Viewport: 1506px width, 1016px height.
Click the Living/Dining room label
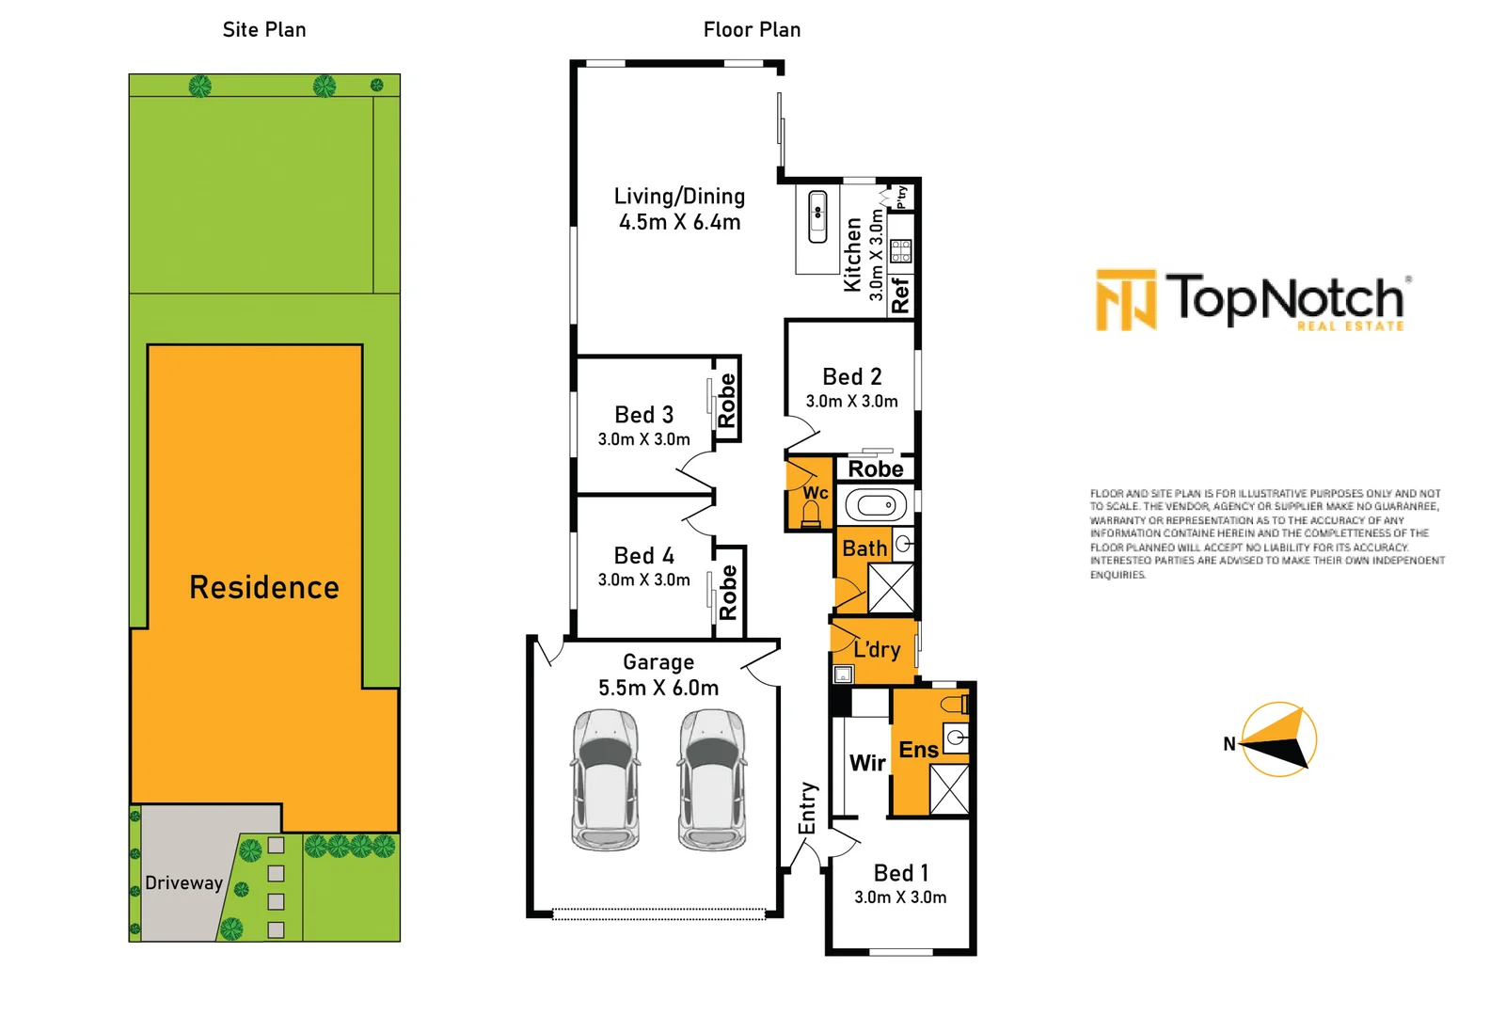click(680, 197)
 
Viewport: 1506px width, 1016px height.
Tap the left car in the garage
click(605, 780)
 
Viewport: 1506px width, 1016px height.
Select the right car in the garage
click(712, 780)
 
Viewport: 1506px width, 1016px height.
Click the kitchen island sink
click(817, 217)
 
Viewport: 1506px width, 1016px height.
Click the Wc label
click(816, 493)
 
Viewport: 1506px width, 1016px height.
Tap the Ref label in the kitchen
click(900, 295)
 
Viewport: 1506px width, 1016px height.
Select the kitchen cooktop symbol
click(901, 251)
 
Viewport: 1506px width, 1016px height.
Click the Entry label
click(807, 808)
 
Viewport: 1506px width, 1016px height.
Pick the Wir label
click(867, 763)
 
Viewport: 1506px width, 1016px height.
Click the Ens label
click(918, 750)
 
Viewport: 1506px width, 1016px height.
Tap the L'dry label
click(877, 649)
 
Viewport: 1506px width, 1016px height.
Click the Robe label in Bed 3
click(727, 401)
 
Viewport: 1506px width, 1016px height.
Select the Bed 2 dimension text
click(852, 402)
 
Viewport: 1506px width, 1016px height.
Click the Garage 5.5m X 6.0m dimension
click(658, 688)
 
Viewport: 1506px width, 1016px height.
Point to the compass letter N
click(1229, 744)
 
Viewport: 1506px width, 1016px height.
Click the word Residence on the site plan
click(264, 588)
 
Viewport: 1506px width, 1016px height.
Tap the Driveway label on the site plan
click(183, 882)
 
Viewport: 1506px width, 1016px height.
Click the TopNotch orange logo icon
click(1126, 300)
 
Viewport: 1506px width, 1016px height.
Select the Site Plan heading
click(264, 29)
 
